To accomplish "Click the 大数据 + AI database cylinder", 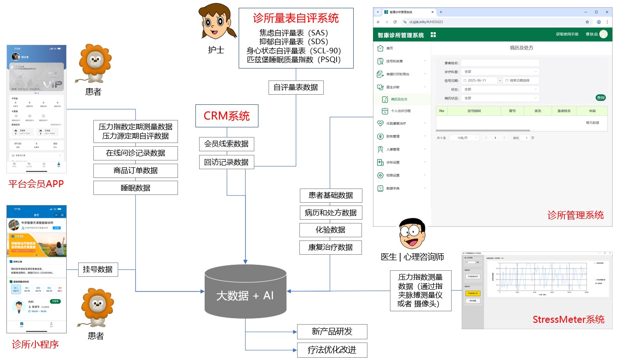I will click(245, 295).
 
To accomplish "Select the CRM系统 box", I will click(227, 116).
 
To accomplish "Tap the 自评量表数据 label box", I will click(296, 87).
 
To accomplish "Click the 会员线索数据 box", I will click(227, 144).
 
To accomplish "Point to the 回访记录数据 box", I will click(227, 162).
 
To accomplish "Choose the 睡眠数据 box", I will click(136, 188).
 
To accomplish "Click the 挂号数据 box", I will click(98, 269).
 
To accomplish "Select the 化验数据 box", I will click(331, 230).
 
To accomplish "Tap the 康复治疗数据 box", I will click(331, 247).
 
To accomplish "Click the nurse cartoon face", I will click(216, 23).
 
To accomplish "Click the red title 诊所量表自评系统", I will click(296, 18).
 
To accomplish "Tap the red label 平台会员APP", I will click(36, 184).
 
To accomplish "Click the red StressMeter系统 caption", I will click(568, 320).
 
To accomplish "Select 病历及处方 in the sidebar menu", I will click(399, 99).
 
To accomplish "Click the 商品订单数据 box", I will click(136, 171).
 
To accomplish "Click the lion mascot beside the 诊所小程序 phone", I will click(96, 308).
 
